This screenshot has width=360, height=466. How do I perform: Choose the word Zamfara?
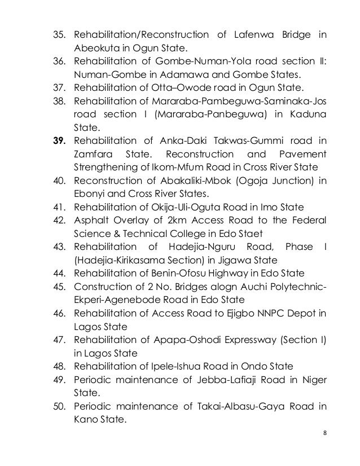93,154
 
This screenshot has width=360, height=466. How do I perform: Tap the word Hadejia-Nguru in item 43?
216,247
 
